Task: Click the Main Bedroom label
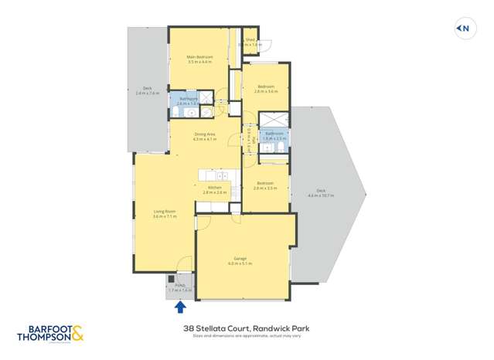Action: [x=199, y=56]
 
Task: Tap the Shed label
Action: [x=250, y=39]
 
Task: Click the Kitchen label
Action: [x=215, y=187]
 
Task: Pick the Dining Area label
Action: [x=204, y=134]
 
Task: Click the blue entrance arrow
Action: [x=180, y=307]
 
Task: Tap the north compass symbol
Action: [x=462, y=29]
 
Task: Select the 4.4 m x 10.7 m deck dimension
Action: [x=321, y=195]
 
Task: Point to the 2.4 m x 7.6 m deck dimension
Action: [x=147, y=93]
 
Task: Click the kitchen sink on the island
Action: [x=221, y=176]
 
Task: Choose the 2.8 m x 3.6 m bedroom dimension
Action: [x=265, y=91]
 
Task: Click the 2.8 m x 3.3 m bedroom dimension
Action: [x=265, y=188]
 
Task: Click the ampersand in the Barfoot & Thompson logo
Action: [x=77, y=334]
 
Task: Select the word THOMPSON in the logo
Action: [x=44, y=337]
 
